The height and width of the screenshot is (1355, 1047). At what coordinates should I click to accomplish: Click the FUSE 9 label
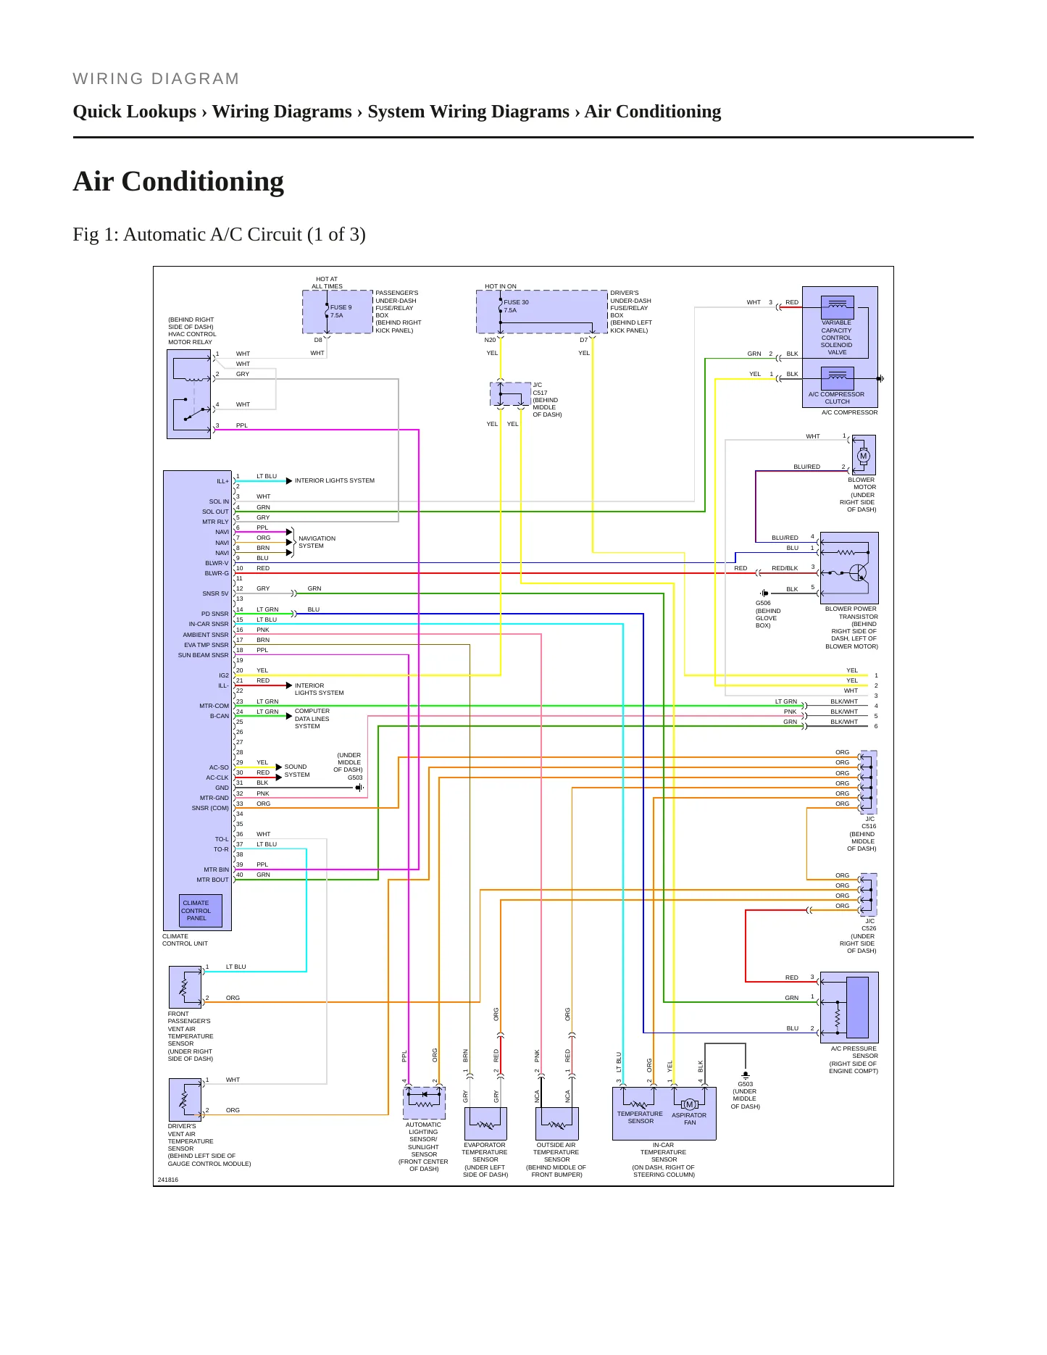(341, 307)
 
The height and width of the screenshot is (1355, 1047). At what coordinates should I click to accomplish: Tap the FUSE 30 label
(516, 302)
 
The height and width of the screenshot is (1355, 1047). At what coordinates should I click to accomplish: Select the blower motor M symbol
(863, 456)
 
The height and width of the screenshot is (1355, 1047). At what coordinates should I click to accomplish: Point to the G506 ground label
(763, 603)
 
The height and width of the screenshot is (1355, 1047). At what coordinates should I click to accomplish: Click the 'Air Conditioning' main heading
(178, 181)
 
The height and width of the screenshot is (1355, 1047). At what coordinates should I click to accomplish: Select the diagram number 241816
(167, 1180)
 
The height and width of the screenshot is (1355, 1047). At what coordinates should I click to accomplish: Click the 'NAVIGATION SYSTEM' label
(317, 542)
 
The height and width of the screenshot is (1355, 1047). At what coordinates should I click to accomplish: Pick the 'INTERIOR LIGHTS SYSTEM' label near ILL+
(335, 480)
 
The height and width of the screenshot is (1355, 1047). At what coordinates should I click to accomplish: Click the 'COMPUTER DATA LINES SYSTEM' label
(312, 719)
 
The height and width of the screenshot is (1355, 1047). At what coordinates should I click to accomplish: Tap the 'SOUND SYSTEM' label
(297, 770)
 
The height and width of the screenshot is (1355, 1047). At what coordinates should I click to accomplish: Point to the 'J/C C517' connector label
(540, 389)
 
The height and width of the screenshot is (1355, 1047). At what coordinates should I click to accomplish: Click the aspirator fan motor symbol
(690, 1104)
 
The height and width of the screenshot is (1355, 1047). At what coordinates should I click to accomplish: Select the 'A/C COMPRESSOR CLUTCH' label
(837, 398)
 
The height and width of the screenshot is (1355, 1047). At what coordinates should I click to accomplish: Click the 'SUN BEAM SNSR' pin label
(203, 655)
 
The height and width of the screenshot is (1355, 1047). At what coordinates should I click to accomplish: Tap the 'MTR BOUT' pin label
(212, 880)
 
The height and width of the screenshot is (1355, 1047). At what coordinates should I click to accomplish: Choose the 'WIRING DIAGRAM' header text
(156, 79)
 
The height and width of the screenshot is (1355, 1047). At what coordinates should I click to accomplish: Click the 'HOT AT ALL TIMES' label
(327, 283)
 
